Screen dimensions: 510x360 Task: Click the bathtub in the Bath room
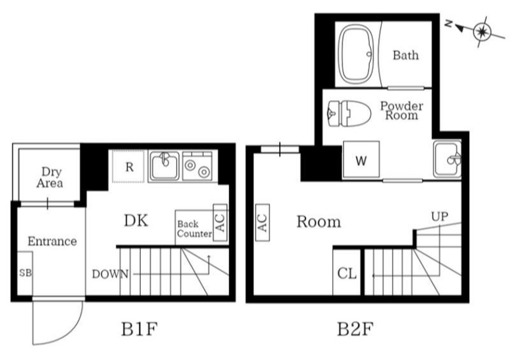pos(356,54)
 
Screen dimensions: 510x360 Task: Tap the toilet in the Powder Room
pos(349,113)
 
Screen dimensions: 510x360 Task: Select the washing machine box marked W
pos(361,159)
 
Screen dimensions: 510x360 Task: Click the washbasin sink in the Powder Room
pos(448,159)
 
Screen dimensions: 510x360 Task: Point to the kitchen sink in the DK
pos(164,166)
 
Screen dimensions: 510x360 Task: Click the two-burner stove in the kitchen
pos(198,166)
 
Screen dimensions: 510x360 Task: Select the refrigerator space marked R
pos(129,166)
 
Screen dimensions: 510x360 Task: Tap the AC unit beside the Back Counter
pos(220,223)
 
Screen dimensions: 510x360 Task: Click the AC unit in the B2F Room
pos(263,223)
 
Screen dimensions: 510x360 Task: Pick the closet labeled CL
pos(347,273)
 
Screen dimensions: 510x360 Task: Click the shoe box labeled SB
pos(25,273)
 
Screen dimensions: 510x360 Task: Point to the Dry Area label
pos(50,177)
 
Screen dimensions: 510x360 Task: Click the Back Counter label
pos(194,229)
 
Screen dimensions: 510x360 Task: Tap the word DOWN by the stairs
pos(110,274)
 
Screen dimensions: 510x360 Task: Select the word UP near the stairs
pos(439,216)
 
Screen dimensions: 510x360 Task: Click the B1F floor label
pos(139,329)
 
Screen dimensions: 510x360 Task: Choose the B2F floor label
pos(354,329)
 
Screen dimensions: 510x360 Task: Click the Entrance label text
pos(52,241)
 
